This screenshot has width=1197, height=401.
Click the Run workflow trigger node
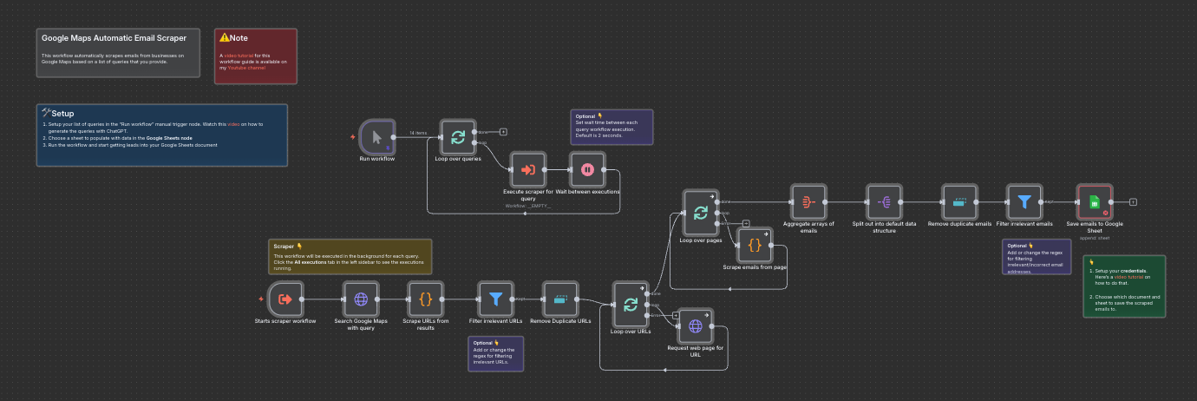(x=376, y=137)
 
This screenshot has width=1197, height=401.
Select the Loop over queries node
(x=458, y=137)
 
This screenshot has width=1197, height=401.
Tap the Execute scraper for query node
(x=527, y=170)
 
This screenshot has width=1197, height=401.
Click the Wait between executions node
(x=587, y=170)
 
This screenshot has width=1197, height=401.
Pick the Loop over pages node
(x=701, y=213)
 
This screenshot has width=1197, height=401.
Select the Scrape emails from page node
(x=755, y=245)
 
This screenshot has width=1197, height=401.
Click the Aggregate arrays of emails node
(x=808, y=202)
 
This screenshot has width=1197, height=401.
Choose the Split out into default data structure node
(x=885, y=202)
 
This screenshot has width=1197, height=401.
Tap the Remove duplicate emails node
(x=959, y=202)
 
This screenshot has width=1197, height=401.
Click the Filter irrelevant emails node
(x=1024, y=202)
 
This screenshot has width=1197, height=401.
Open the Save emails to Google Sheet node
(x=1094, y=202)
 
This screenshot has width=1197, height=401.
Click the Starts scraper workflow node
(x=285, y=299)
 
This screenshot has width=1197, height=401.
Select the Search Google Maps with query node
(x=361, y=299)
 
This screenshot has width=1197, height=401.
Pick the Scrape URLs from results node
(x=425, y=299)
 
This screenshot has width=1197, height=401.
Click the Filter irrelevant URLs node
(x=495, y=299)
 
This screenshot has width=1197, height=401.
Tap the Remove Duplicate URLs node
(x=560, y=299)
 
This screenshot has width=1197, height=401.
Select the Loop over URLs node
(x=631, y=305)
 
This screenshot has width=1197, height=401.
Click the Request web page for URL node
(x=696, y=326)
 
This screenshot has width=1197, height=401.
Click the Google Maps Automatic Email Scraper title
(x=114, y=38)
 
